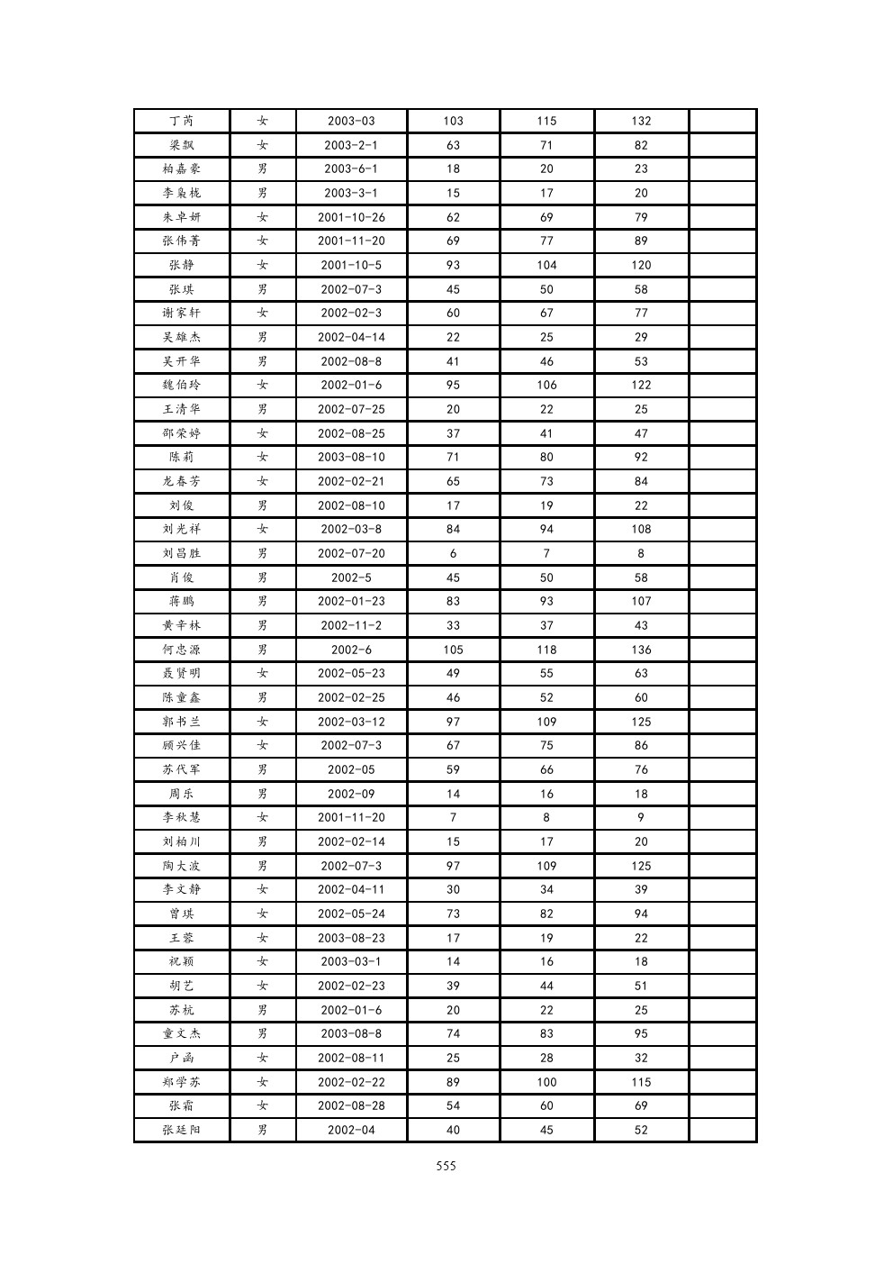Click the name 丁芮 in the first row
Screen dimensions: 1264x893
pos(182,121)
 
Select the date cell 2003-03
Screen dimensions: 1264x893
pos(351,121)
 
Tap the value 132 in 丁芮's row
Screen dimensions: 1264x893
pos(641,121)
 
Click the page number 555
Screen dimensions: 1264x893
pos(446,1166)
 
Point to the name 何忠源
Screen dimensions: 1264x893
pos(182,650)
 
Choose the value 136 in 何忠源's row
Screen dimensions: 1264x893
pos(641,650)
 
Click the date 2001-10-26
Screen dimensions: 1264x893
pos(351,217)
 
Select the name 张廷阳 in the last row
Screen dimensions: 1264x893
pos(182,1130)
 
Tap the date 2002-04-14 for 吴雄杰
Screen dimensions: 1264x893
pos(351,337)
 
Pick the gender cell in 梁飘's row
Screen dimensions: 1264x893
pos(263,145)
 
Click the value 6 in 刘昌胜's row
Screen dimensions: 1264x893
pos(453,553)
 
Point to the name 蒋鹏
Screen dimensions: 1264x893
pos(182,601)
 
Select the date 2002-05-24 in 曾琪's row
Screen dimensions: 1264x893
pos(351,914)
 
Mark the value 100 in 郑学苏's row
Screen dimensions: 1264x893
pos(546,1082)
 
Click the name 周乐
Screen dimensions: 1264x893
pos(182,794)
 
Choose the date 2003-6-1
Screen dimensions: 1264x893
pos(351,168)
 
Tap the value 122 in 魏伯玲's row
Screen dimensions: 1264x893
pos(641,385)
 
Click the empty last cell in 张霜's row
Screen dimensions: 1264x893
pos(723,1105)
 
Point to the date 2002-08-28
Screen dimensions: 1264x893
pos(351,1105)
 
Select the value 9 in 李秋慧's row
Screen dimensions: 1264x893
pos(641,817)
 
